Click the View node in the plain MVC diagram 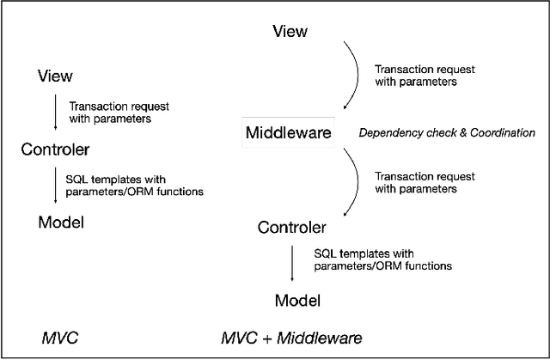coord(55,76)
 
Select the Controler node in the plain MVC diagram coord(55,149)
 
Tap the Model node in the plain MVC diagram coord(61,223)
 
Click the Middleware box coord(294,132)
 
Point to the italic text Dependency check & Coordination coord(446,132)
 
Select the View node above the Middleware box coord(290,32)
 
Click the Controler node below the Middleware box coord(291,228)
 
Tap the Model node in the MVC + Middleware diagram coord(297,300)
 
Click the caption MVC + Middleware coord(291,338)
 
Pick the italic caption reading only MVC coord(60,338)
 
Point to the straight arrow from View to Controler coord(55,113)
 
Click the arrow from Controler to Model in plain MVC coord(55,186)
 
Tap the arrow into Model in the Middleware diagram coord(292,264)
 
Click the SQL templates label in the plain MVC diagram coord(134,186)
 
